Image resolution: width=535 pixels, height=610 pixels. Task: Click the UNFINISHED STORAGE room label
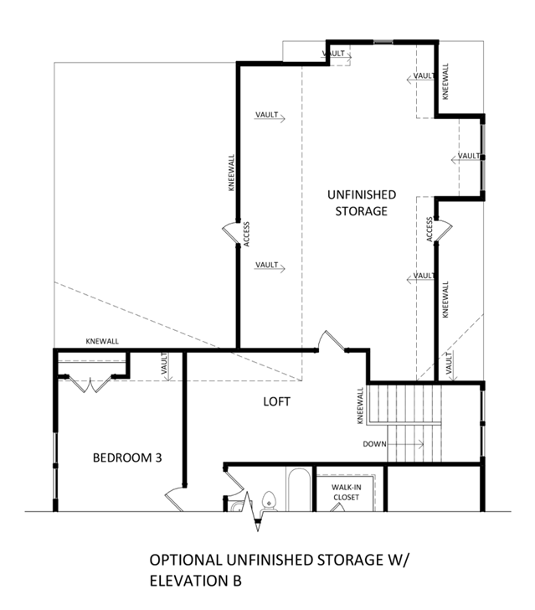362,203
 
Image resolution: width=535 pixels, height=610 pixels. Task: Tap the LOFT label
276,401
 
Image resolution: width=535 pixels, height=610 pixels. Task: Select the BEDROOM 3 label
127,457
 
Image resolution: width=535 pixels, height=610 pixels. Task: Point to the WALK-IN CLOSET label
346,492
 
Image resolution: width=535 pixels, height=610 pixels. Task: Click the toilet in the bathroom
269,501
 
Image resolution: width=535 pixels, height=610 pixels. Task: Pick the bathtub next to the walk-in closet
299,489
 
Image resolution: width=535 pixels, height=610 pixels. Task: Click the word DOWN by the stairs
374,444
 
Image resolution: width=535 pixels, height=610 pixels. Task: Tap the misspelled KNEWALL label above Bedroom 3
102,341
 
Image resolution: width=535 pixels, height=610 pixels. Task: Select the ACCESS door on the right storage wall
444,230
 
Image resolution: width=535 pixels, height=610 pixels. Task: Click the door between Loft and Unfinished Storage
331,341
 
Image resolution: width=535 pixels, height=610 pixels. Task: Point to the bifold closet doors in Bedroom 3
90,384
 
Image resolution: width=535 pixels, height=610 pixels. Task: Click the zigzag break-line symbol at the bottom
257,511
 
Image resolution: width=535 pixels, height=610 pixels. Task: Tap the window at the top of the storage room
383,42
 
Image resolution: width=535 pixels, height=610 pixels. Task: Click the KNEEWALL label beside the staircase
360,406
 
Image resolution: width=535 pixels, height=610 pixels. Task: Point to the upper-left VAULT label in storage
267,115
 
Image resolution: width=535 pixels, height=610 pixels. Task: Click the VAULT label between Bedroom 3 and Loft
164,364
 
